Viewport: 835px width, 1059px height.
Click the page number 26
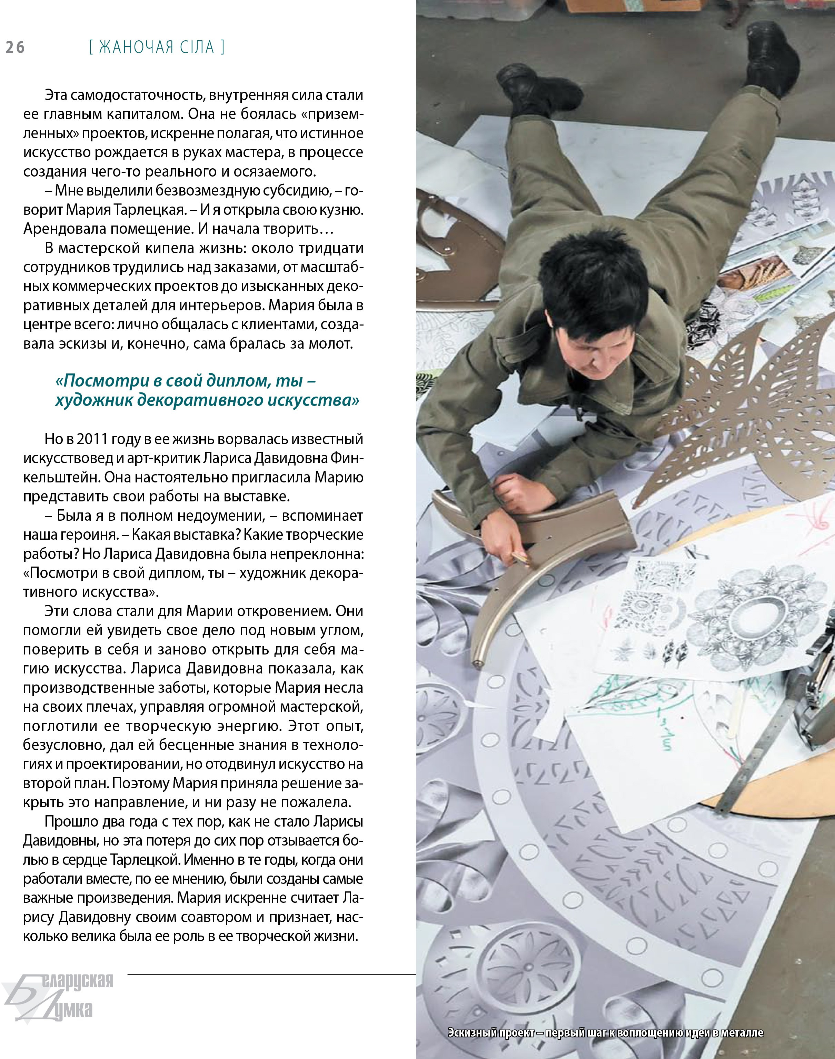15,47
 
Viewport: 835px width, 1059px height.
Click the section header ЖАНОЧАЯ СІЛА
157,47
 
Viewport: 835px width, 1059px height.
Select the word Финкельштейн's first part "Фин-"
347,458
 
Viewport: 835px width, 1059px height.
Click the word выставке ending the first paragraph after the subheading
256,497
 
